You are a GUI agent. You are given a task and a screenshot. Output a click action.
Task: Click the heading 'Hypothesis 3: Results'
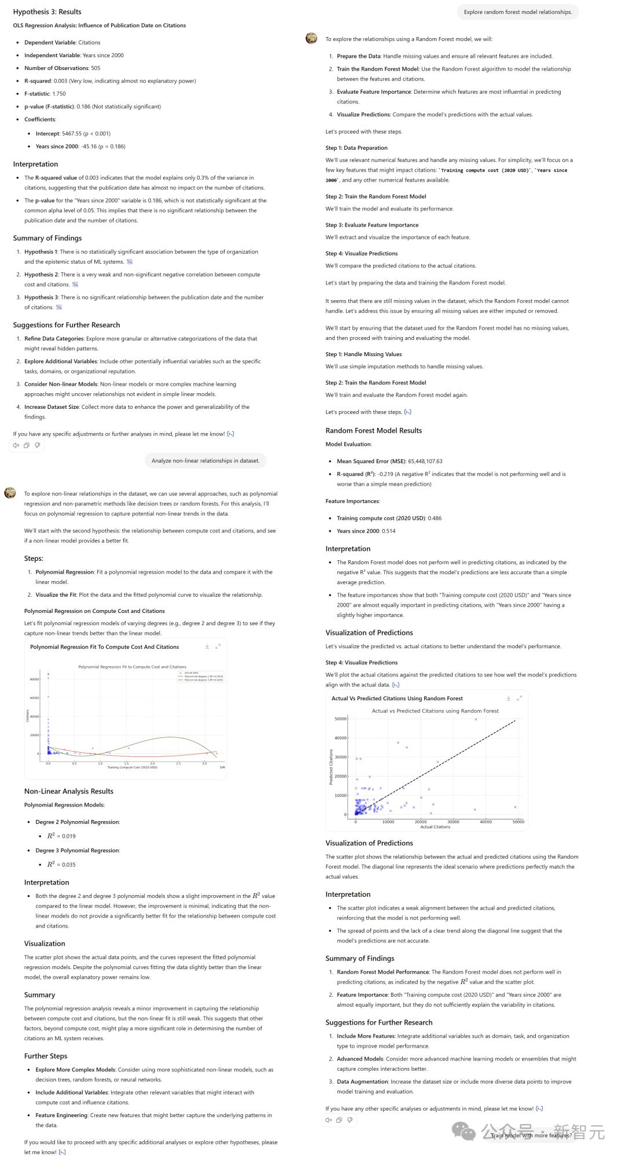[47, 12]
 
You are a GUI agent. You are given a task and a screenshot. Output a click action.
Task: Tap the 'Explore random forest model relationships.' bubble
[517, 12]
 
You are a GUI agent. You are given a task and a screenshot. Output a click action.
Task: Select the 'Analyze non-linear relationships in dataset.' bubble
[205, 461]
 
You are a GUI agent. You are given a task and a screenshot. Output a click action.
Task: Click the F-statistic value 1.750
[59, 94]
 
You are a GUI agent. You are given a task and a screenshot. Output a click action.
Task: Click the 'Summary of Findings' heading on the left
[47, 238]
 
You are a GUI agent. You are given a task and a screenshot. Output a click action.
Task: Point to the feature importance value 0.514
[388, 531]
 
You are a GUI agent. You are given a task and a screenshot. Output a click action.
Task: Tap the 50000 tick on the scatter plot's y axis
[340, 719]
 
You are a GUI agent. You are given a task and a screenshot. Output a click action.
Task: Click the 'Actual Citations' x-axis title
[435, 827]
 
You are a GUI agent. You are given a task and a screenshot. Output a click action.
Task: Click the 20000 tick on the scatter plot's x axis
[420, 822]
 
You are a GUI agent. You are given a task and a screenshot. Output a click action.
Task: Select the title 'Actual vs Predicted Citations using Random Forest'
[435, 711]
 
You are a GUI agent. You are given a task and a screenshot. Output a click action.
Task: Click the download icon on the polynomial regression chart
[207, 646]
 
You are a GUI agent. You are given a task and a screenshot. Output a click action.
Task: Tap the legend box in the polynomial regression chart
[200, 677]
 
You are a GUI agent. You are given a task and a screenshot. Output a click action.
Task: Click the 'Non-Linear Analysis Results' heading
[68, 792]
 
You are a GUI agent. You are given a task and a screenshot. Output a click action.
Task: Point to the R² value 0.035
[68, 865]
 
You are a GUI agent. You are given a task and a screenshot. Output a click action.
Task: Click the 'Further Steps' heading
[46, 1056]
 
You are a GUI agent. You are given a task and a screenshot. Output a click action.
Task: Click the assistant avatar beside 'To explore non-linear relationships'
[10, 493]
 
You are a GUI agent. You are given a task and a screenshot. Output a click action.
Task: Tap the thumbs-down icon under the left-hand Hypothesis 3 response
[37, 445]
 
